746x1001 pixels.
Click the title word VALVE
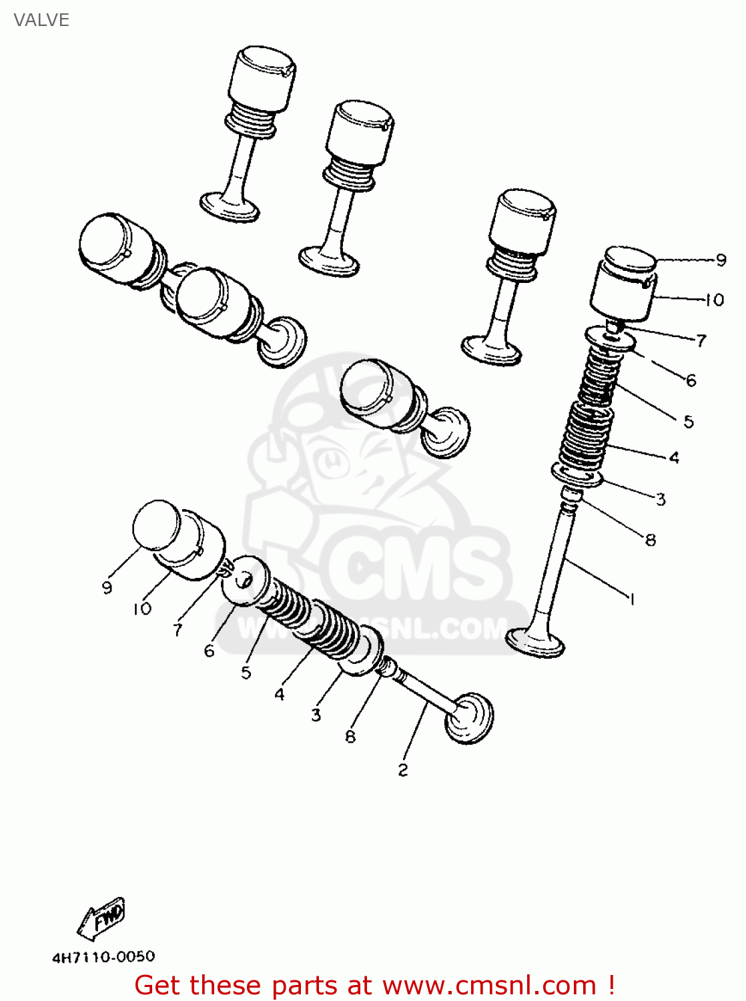click(41, 20)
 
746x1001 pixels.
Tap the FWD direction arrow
click(101, 918)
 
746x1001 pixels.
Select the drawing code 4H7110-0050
click(103, 956)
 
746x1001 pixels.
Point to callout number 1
click(631, 599)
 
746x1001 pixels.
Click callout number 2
click(402, 769)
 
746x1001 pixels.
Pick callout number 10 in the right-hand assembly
click(714, 300)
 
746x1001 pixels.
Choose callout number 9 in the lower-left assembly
click(107, 587)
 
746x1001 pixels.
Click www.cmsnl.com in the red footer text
click(489, 985)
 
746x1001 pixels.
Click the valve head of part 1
click(535, 642)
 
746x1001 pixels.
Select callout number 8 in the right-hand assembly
click(651, 539)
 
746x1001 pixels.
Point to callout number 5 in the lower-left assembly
click(246, 672)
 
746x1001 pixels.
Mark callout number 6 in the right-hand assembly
click(691, 380)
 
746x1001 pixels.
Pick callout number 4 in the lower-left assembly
click(279, 694)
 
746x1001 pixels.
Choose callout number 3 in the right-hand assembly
click(661, 498)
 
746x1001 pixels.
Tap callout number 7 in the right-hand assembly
click(701, 340)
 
